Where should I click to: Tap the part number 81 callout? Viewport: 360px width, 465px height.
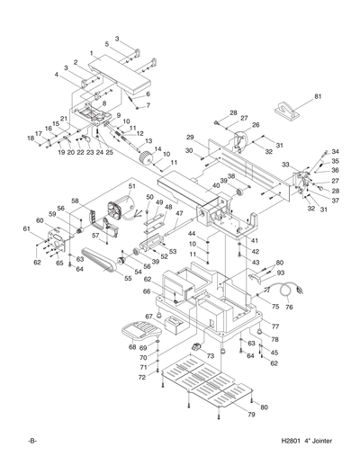point(317,96)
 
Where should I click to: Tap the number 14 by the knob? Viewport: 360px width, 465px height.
point(157,149)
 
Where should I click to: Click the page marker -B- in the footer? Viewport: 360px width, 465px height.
point(31,442)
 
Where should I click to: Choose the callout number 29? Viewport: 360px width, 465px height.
point(190,136)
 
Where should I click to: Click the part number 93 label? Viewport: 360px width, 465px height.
point(280,272)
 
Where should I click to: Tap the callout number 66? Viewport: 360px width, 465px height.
point(146,291)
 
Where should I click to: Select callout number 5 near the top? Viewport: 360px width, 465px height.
point(106,43)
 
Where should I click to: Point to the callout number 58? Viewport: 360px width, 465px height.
point(76,201)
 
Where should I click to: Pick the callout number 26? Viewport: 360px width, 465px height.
point(256,125)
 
